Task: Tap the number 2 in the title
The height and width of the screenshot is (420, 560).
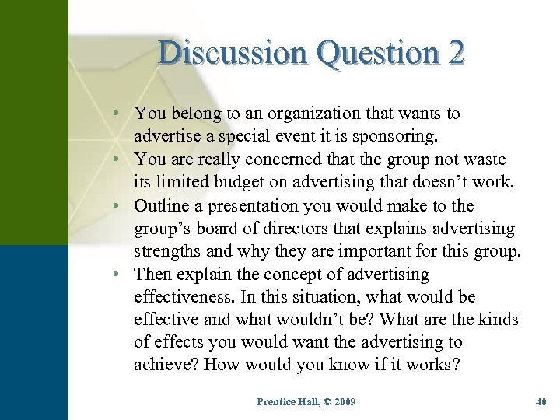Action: (456, 53)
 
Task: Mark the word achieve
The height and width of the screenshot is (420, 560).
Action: (166, 366)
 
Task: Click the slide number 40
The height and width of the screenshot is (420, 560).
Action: (541, 401)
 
